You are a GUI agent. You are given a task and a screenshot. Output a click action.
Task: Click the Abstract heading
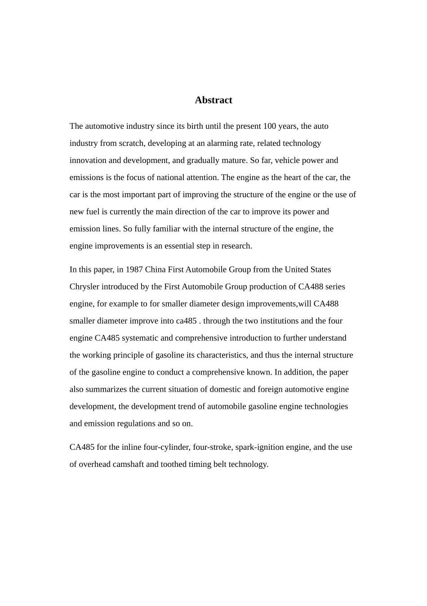coord(213,100)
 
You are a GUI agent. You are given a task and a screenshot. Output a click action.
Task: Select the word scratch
coord(131,143)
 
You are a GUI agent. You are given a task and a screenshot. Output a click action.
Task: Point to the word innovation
coord(88,160)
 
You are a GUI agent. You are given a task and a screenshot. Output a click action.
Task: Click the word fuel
coord(92,212)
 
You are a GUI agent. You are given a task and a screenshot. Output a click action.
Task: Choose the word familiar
coord(166,229)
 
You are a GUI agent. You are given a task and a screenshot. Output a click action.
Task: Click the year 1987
coord(134,270)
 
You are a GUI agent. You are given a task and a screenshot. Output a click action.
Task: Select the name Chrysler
coord(85,287)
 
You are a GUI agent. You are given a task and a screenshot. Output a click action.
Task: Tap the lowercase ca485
coord(186,321)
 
